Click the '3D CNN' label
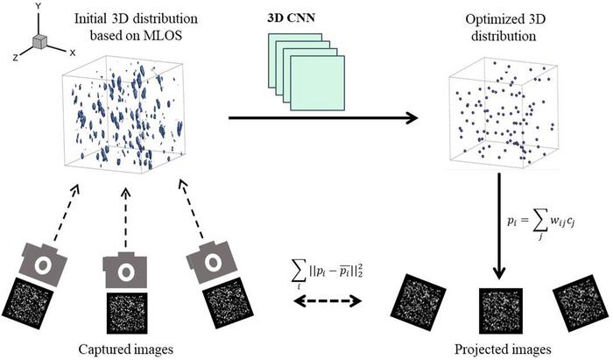coord(287,18)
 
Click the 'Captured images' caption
coord(123,349)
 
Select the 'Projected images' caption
coord(490,349)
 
